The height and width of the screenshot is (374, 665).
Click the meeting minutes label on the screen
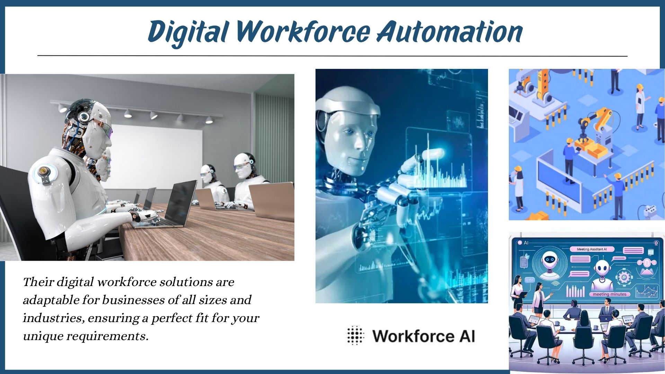coord(610,294)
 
